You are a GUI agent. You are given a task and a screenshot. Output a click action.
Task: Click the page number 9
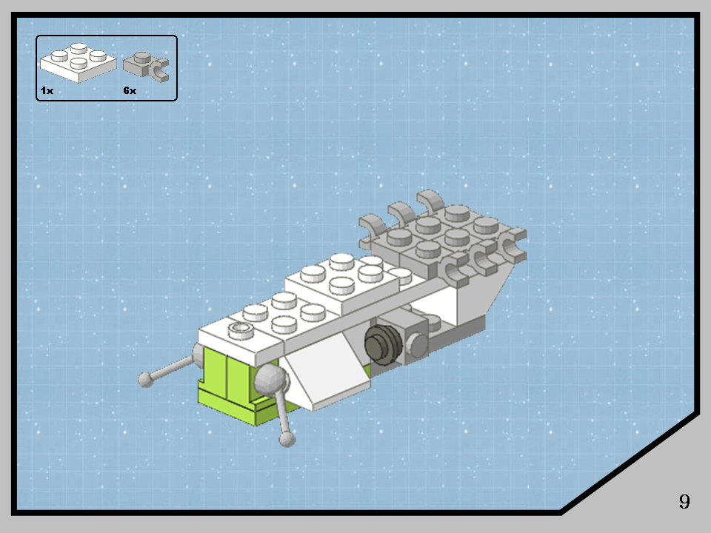[684, 501]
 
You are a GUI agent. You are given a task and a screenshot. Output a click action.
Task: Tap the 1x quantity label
[47, 90]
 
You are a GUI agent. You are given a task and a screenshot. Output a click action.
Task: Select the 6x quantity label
[130, 90]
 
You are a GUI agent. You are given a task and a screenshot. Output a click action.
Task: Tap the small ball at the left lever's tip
[146, 380]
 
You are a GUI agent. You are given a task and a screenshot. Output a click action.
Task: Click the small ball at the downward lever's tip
[287, 440]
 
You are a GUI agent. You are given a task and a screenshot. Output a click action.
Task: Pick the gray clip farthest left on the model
[373, 229]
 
